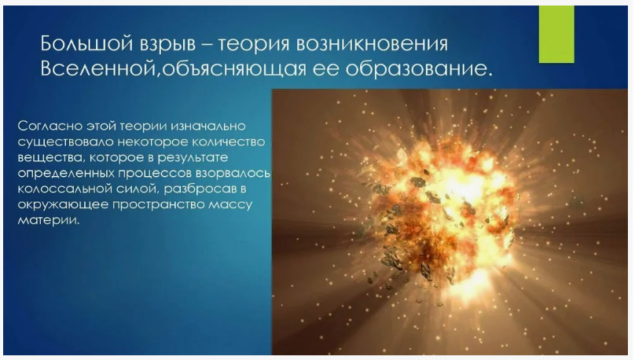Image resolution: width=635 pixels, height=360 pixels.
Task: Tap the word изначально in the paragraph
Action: point(211,126)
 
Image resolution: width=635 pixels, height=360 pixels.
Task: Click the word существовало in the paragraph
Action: point(60,141)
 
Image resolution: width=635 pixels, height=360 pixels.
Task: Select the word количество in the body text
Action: point(224,141)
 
